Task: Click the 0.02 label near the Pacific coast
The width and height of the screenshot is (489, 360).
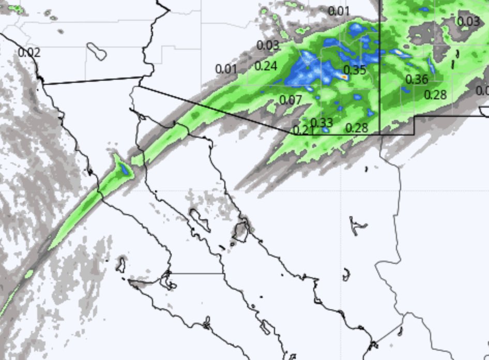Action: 29,52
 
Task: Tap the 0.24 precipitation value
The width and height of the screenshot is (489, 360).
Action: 266,66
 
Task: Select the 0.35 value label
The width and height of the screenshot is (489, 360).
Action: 355,70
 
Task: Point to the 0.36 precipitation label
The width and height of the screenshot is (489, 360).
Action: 417,80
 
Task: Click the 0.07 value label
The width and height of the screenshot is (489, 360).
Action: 291,100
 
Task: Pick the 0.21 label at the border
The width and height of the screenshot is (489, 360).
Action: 303,130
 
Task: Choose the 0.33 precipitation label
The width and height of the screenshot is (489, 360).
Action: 322,123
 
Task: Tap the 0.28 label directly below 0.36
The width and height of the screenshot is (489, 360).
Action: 435,95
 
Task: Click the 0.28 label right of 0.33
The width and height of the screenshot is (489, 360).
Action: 356,128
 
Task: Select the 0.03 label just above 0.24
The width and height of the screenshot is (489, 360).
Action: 268,45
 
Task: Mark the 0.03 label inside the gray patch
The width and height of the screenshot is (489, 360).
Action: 468,21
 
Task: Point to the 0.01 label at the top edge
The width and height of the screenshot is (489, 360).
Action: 339,11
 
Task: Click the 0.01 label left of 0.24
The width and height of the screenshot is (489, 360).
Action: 226,69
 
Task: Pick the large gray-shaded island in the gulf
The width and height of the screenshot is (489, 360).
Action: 241,231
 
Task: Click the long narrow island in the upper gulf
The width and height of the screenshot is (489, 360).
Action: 200,220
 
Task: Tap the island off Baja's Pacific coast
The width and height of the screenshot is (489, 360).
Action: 121,264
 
